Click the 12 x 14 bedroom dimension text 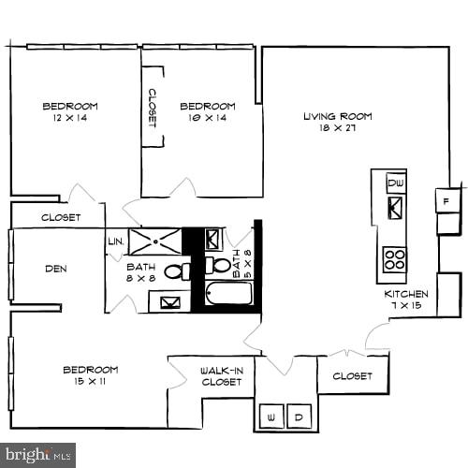pyautogui.click(x=70, y=120)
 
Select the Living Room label pyautogui.click(x=337, y=116)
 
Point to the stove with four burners pyautogui.click(x=394, y=258)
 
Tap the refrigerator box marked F pyautogui.click(x=447, y=199)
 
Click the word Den pyautogui.click(x=55, y=269)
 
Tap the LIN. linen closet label pyautogui.click(x=116, y=241)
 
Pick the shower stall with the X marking pyautogui.click(x=154, y=241)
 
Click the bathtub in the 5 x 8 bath pyautogui.click(x=229, y=293)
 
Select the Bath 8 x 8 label pyautogui.click(x=140, y=272)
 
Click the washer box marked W pyautogui.click(x=272, y=417)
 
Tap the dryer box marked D pyautogui.click(x=300, y=417)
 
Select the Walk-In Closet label pyautogui.click(x=222, y=376)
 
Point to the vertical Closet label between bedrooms pyautogui.click(x=153, y=108)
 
